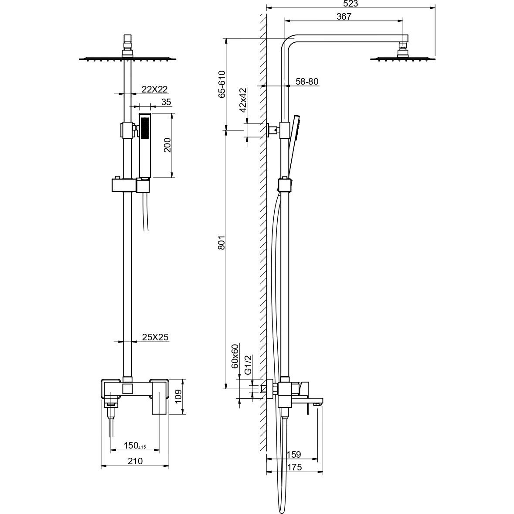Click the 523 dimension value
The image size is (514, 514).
click(351, 3)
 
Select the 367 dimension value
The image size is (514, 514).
click(344, 17)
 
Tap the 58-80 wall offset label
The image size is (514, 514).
click(307, 81)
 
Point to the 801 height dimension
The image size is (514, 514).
click(222, 243)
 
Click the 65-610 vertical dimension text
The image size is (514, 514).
click(222, 84)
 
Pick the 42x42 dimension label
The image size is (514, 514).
click(242, 100)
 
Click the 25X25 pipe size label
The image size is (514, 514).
click(155, 337)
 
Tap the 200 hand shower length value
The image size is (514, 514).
click(167, 145)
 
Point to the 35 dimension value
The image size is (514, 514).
click(166, 102)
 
